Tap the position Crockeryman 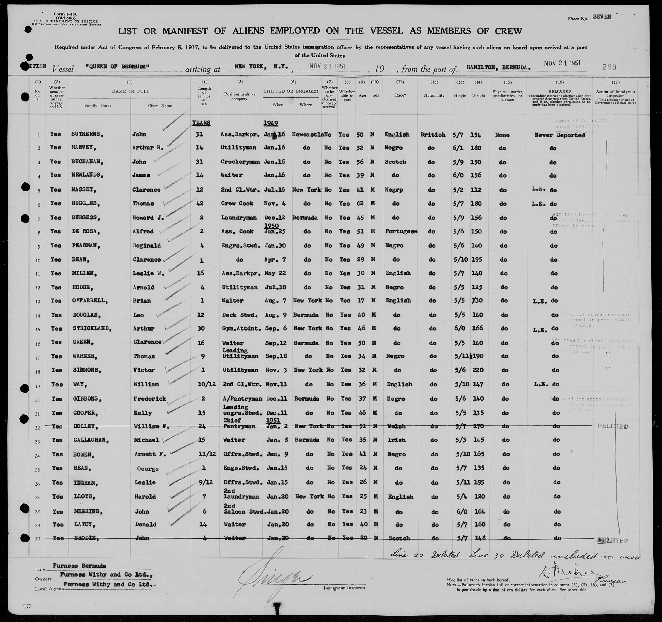(x=240, y=162)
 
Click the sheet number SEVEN (x=602, y=17)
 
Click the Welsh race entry (x=396, y=426)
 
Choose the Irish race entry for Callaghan (x=396, y=440)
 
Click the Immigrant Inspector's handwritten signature (x=276, y=578)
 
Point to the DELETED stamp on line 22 (x=613, y=427)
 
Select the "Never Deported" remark (x=559, y=135)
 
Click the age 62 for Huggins (x=360, y=204)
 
